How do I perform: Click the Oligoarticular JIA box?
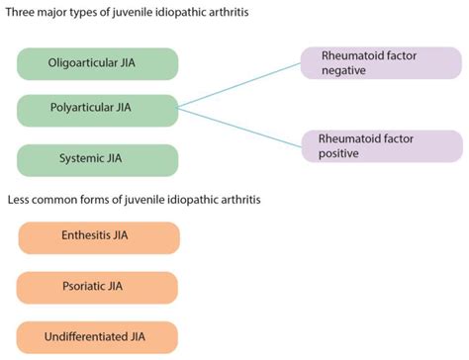[97, 64]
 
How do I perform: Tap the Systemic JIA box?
[97, 158]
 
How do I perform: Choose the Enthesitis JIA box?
[98, 237]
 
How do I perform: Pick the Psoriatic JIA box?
[98, 287]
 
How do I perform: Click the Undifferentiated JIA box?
[98, 336]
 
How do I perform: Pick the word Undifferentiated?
[86, 336]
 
